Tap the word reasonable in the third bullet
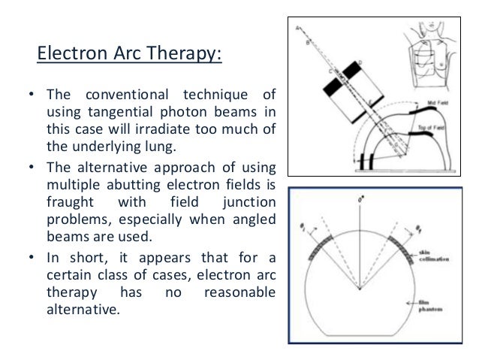pos(239,290)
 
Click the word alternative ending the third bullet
pos(82,307)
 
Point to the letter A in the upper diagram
pos(299,29)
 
